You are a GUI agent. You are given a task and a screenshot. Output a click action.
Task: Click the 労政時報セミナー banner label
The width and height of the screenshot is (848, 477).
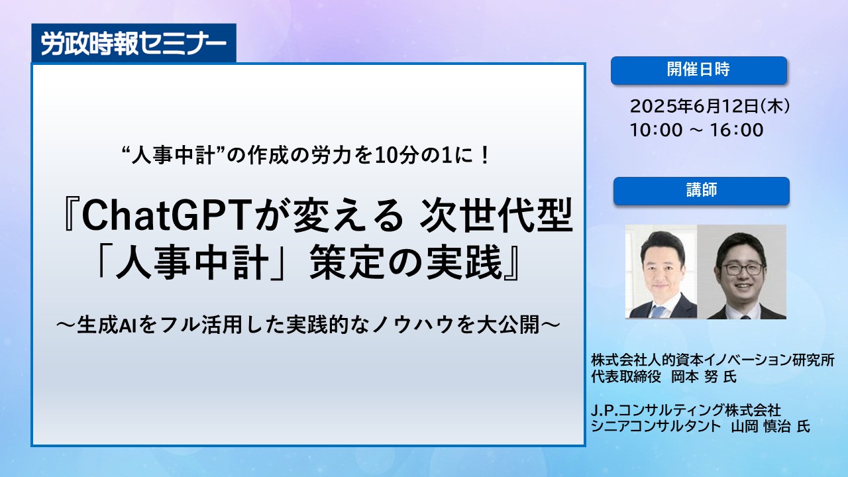pyautogui.click(x=134, y=44)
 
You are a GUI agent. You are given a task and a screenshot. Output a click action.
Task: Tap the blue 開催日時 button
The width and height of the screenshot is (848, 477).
pyautogui.click(x=699, y=70)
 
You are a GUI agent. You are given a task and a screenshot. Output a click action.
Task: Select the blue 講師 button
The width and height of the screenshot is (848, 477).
pyautogui.click(x=702, y=191)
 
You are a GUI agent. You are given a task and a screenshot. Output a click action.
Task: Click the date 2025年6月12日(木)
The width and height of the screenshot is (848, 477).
pyautogui.click(x=710, y=107)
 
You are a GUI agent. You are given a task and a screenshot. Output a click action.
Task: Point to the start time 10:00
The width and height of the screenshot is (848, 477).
pyautogui.click(x=656, y=131)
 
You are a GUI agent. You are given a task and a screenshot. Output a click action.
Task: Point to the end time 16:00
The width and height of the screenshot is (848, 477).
pyautogui.click(x=737, y=131)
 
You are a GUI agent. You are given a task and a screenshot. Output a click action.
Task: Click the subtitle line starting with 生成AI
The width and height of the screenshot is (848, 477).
pyautogui.click(x=308, y=325)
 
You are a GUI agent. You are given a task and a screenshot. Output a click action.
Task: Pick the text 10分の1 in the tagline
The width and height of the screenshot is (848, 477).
pyautogui.click(x=414, y=156)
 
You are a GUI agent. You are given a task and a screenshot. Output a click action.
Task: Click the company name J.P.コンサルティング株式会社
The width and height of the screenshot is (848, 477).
pyautogui.click(x=686, y=410)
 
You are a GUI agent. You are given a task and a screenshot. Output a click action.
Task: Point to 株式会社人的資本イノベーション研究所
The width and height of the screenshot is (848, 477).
pyautogui.click(x=712, y=360)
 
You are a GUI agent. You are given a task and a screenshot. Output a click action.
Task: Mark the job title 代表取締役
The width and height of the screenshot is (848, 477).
pyautogui.click(x=626, y=377)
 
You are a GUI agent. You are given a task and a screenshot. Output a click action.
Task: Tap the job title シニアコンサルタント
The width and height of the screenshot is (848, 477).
pyautogui.click(x=656, y=427)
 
